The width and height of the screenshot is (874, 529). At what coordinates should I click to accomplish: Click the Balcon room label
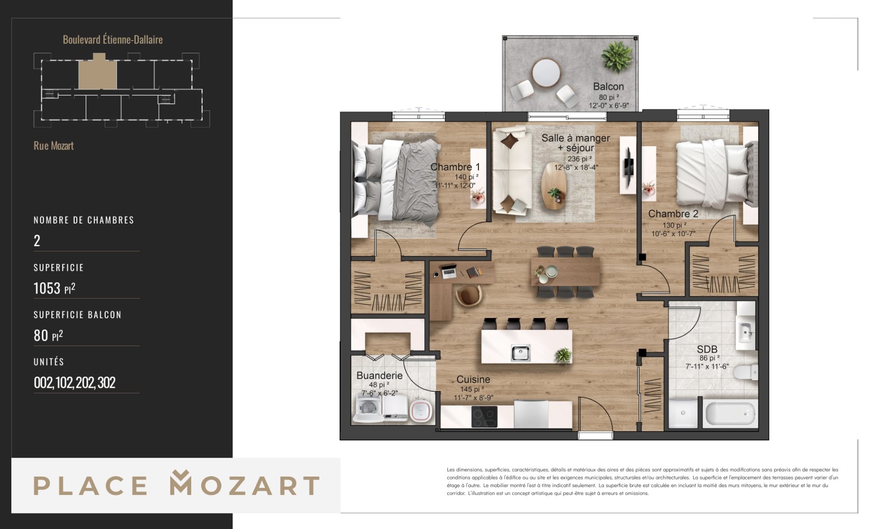pyautogui.click(x=608, y=86)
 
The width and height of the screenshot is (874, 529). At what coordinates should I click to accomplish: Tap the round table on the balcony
pyautogui.click(x=546, y=73)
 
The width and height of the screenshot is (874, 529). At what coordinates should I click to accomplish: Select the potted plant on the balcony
pyautogui.click(x=617, y=56)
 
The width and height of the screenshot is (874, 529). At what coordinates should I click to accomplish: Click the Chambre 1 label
pyautogui.click(x=455, y=167)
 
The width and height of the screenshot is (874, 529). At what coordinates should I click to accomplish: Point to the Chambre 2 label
pyautogui.click(x=673, y=214)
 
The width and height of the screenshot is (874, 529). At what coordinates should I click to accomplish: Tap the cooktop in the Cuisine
pyautogui.click(x=484, y=417)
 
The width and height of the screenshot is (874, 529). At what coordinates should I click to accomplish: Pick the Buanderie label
pyautogui.click(x=379, y=376)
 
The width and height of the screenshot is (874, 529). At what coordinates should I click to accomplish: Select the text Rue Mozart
pyautogui.click(x=53, y=146)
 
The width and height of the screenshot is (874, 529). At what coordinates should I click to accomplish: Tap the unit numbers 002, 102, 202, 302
pyautogui.click(x=75, y=382)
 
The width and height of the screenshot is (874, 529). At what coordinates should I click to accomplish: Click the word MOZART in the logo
pyautogui.click(x=245, y=484)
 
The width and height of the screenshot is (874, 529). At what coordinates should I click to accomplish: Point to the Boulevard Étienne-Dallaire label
pyautogui.click(x=112, y=40)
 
